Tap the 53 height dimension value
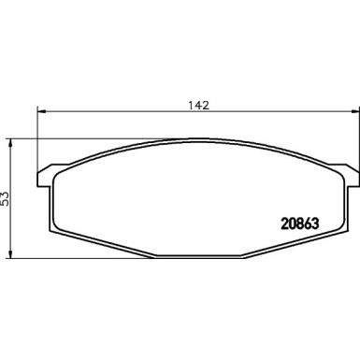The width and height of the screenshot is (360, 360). coord(7,197)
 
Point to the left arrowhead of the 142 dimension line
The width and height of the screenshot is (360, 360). coord(39,113)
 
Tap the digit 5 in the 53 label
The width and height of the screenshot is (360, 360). coord(7,201)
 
